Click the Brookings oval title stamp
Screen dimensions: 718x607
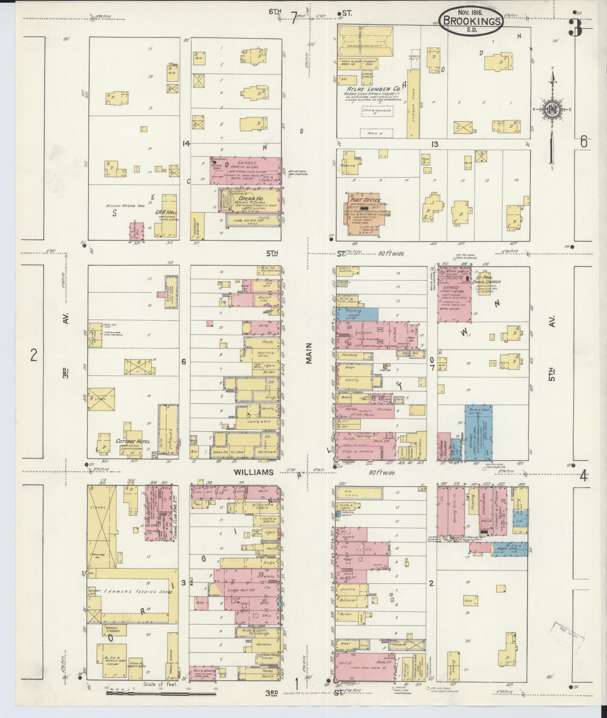click(x=471, y=21)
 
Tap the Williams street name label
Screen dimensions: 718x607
click(x=254, y=472)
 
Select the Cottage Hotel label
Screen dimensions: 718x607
click(x=133, y=441)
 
